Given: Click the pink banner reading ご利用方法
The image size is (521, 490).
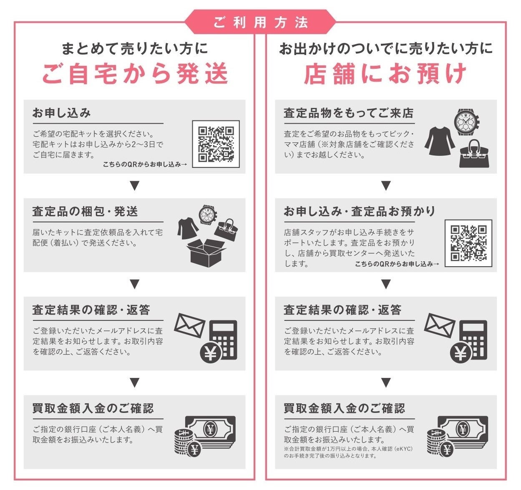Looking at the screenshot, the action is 260,22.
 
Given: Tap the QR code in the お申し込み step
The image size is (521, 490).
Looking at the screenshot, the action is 216,144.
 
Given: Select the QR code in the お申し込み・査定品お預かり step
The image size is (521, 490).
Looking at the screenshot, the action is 468,243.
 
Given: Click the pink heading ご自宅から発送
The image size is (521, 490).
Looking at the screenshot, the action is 135,74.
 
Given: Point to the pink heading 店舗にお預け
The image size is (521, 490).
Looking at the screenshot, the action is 385,74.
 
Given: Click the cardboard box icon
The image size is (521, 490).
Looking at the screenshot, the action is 206,253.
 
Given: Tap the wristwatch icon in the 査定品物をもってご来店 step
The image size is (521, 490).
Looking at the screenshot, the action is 467,122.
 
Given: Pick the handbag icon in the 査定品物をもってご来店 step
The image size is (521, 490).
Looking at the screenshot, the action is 474,153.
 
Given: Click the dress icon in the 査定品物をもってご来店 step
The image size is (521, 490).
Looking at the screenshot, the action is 440,141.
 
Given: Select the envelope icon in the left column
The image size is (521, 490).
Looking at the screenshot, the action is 190,325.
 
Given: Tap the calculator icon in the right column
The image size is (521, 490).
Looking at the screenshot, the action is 474,340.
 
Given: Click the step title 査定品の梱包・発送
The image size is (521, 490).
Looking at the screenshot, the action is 85,211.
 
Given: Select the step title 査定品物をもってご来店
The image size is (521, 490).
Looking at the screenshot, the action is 348,113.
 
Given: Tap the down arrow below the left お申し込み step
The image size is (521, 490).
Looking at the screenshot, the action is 135,185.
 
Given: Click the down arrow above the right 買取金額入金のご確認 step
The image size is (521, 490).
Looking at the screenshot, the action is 386,383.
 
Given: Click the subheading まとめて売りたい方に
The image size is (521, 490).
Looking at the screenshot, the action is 135,48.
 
